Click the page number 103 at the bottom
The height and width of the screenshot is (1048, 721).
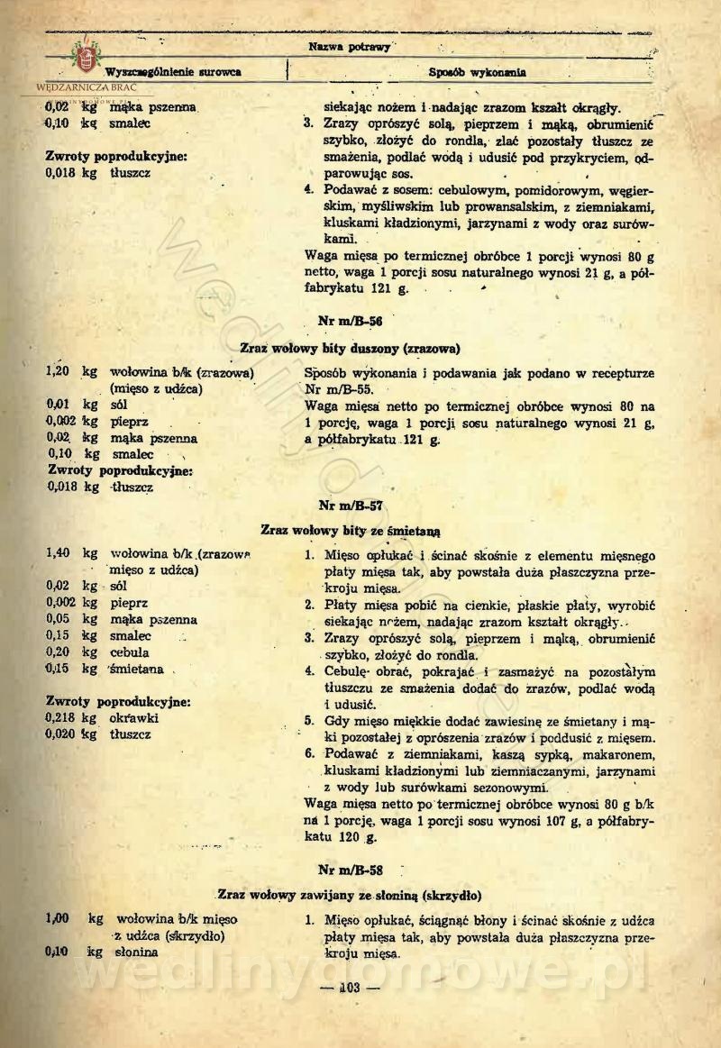tap(351, 989)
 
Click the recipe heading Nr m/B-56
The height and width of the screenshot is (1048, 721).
tap(351, 319)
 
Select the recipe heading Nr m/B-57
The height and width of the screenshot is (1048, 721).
tap(351, 506)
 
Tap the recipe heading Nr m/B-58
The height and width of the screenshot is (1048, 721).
tap(351, 870)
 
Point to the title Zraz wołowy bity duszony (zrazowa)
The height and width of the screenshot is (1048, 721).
tap(351, 348)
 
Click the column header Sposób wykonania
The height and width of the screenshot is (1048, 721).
tap(478, 72)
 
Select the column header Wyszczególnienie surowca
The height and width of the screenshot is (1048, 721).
tap(173, 72)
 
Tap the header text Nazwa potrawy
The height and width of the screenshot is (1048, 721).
tap(350, 47)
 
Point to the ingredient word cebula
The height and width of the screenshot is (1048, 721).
tap(130, 652)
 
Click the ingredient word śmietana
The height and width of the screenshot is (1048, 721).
tap(135, 669)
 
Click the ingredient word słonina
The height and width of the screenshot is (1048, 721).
tap(136, 952)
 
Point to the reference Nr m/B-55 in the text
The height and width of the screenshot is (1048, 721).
tap(334, 389)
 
